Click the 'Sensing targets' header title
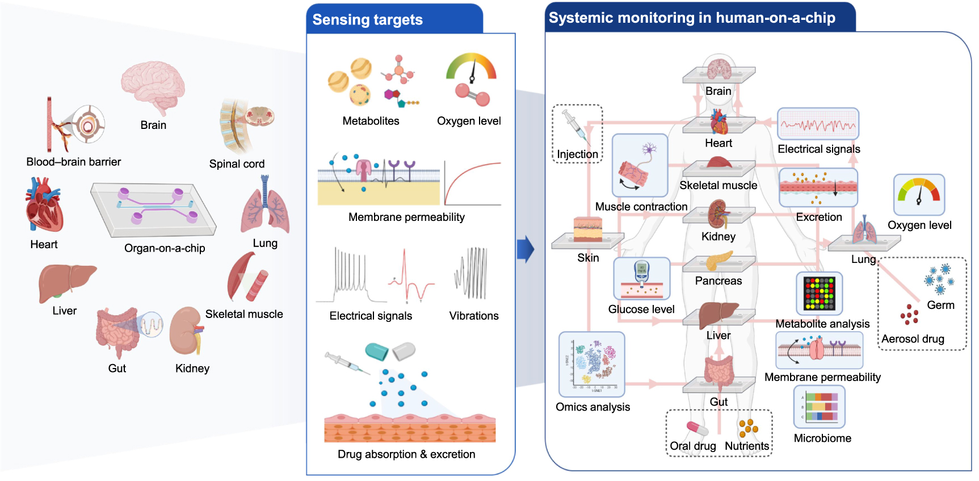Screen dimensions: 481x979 pyautogui.click(x=367, y=20)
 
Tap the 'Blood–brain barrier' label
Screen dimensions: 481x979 pyautogui.click(x=73, y=162)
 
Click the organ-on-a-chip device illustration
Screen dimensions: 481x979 pyautogui.click(x=153, y=209)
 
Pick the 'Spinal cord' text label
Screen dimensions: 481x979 pyautogui.click(x=237, y=164)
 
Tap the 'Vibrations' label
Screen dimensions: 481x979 pyautogui.click(x=474, y=316)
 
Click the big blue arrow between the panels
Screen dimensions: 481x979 pyautogui.click(x=526, y=249)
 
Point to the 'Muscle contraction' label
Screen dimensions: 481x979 pyautogui.click(x=641, y=207)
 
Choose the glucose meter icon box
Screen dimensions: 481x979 pyautogui.click(x=642, y=278)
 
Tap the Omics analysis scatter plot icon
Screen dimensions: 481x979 pyautogui.click(x=592, y=364)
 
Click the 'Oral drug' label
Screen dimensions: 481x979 pyautogui.click(x=692, y=446)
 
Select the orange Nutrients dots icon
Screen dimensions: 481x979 pyautogui.click(x=748, y=428)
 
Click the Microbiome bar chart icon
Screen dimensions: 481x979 pyautogui.click(x=820, y=407)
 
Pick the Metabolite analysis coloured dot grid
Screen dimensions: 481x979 pyautogui.click(x=819, y=293)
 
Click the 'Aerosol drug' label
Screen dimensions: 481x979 pyautogui.click(x=913, y=339)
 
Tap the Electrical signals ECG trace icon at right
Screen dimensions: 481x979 pyautogui.click(x=818, y=124)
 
